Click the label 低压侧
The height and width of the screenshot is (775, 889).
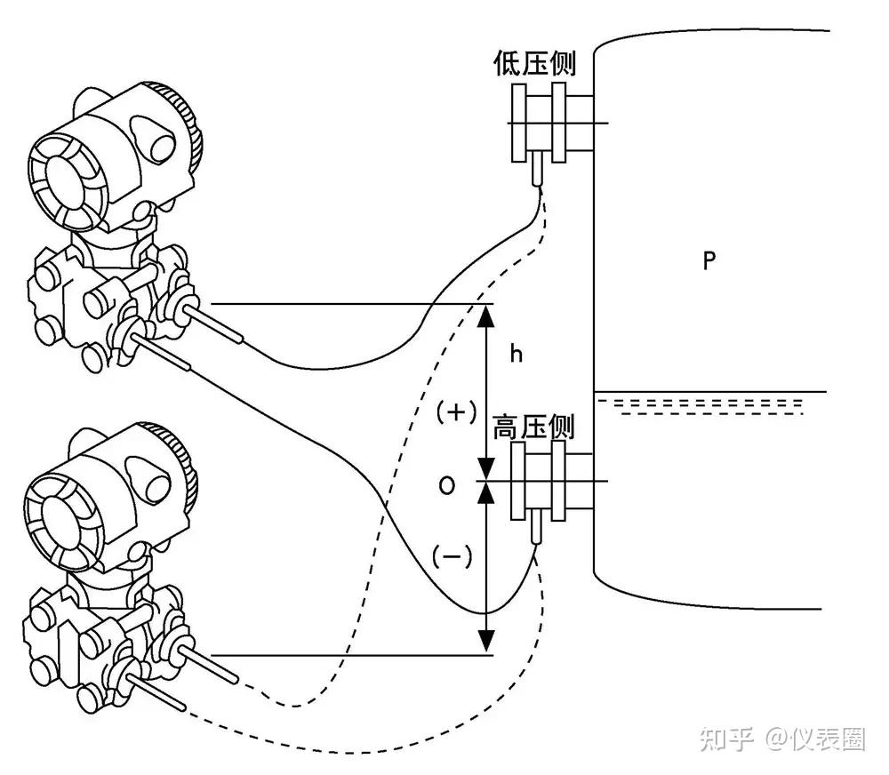click(534, 63)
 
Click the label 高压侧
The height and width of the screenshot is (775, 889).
click(534, 428)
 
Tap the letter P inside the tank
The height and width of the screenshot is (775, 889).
click(709, 260)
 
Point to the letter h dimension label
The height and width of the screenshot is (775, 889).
click(516, 354)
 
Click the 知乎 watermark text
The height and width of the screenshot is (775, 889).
click(726, 739)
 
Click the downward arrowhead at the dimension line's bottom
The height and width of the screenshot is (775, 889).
click(485, 638)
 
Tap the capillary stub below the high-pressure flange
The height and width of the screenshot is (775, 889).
click(536, 530)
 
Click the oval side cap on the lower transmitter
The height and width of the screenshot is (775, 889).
click(156, 480)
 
